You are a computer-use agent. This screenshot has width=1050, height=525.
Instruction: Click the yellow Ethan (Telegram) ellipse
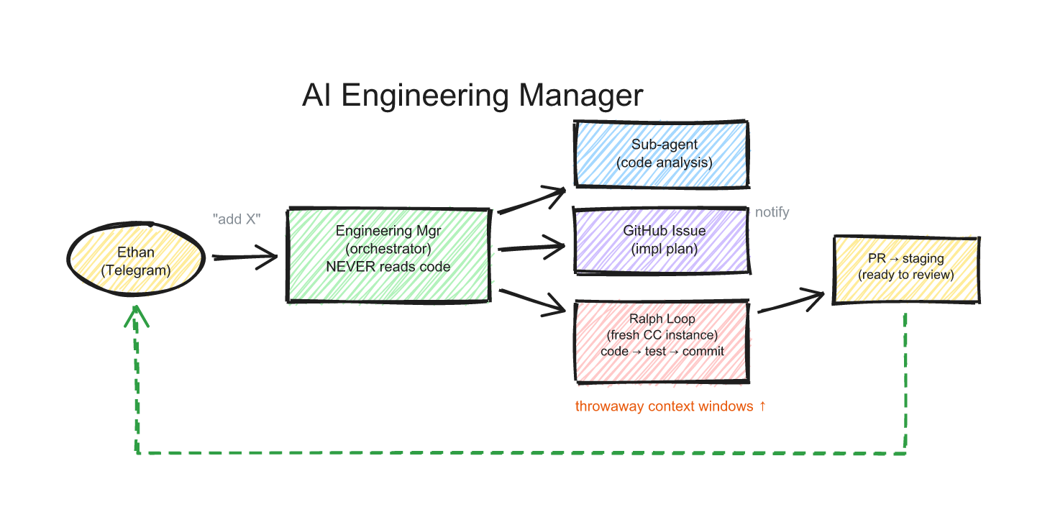click(x=136, y=261)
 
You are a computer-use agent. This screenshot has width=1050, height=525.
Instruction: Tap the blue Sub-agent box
click(x=662, y=154)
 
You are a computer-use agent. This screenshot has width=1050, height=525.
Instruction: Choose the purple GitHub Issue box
click(x=662, y=240)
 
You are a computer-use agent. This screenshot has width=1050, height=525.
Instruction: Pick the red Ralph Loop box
click(x=662, y=342)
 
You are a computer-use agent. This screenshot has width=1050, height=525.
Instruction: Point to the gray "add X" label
click(x=235, y=219)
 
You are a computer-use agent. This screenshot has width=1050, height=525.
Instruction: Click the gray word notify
click(x=772, y=212)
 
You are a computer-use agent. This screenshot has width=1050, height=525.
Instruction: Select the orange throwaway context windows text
click(x=670, y=406)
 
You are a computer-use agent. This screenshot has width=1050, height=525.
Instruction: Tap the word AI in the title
click(x=316, y=96)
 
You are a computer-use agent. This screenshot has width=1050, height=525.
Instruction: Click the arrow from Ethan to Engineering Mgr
click(x=245, y=257)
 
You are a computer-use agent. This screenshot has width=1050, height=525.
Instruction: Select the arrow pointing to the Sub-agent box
click(x=532, y=201)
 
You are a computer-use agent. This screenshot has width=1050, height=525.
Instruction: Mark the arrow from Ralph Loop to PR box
click(x=791, y=302)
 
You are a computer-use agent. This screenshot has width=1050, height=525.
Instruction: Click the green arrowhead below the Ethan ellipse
click(x=135, y=316)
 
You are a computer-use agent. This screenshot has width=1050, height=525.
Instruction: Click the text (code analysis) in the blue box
click(x=664, y=163)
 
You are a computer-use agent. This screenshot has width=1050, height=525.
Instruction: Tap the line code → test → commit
click(x=662, y=352)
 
